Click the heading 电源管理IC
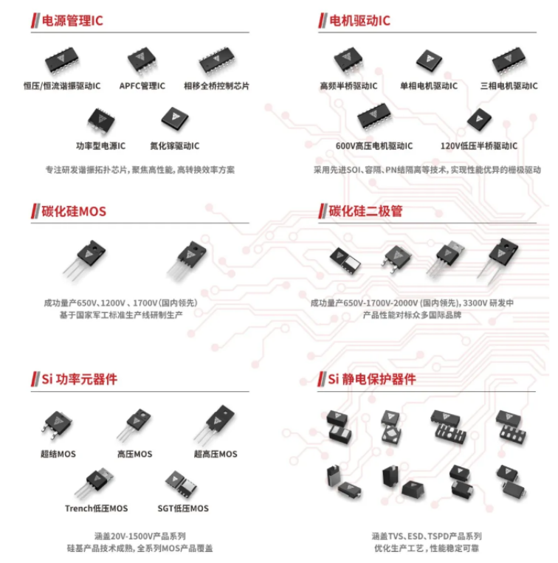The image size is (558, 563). pyautogui.click(x=72, y=21)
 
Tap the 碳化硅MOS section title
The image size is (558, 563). pyautogui.click(x=73, y=212)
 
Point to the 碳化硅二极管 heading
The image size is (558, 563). pyautogui.click(x=365, y=212)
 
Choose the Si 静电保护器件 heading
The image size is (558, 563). pyautogui.click(x=372, y=379)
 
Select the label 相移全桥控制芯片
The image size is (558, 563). pyautogui.click(x=216, y=86)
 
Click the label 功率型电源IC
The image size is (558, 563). pyautogui.click(x=100, y=145)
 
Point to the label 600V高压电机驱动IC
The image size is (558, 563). pyautogui.click(x=374, y=146)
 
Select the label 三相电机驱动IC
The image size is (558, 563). pyautogui.click(x=509, y=86)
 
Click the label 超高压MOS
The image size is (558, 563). pyautogui.click(x=216, y=454)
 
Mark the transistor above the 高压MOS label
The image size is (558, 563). pyautogui.click(x=134, y=425)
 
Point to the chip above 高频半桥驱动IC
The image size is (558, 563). pyautogui.click(x=347, y=61)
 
